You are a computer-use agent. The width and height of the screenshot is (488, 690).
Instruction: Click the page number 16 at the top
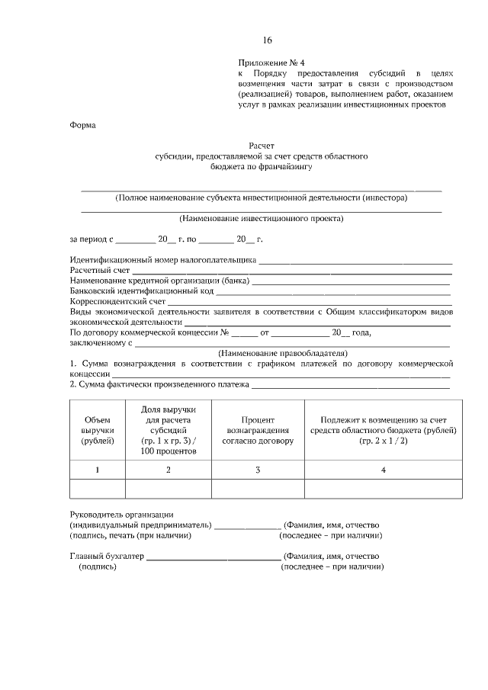[x=266, y=40]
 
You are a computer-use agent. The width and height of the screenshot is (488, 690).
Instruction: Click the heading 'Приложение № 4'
[x=271, y=63]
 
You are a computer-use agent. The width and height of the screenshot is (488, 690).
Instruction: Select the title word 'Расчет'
[x=261, y=145]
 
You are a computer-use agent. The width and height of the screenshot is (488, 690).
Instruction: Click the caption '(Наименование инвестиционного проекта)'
[x=261, y=218]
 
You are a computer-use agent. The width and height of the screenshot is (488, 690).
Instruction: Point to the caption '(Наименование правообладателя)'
[x=282, y=353]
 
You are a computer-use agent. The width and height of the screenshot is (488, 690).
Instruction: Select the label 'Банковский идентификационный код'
[x=141, y=291]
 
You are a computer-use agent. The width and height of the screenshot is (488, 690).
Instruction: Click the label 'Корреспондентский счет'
[x=117, y=302]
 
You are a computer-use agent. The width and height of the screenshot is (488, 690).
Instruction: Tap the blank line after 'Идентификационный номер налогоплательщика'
[x=355, y=262]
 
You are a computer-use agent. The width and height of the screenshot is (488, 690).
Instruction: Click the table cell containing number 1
[x=97, y=470]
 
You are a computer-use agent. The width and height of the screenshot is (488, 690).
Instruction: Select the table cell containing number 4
[x=384, y=470]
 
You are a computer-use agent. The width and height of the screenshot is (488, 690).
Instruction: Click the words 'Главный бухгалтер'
[x=106, y=557]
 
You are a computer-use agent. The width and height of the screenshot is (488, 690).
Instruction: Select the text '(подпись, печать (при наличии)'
[x=130, y=535]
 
